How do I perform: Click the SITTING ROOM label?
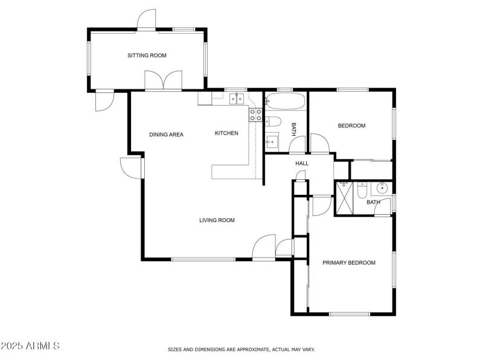pos(147,56)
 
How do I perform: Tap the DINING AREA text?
pos(166,135)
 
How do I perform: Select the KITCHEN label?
pos(226,133)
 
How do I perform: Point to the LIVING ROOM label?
pos(217,220)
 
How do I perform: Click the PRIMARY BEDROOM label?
pos(349,262)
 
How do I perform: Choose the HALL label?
pos(302,164)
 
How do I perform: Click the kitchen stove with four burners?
pos(255,115)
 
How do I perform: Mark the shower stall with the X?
pos(344,198)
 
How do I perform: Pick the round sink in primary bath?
pos(381,188)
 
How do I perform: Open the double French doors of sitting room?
pos(163,81)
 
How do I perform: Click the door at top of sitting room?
pos(147,20)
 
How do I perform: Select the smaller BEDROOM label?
pos(351,125)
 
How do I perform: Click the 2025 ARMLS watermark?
pos(30,346)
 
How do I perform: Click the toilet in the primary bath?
pos(362,190)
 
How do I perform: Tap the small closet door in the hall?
pos(301,176)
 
